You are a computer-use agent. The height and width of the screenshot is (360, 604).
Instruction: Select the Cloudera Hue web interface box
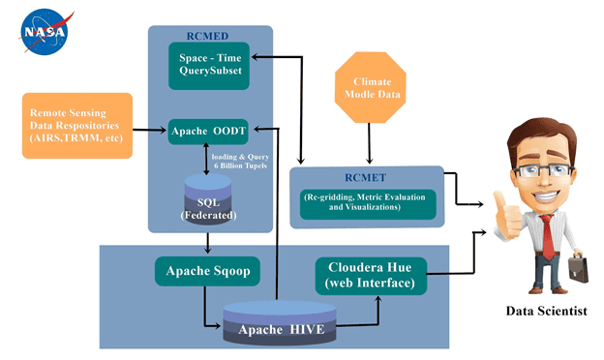(369, 275)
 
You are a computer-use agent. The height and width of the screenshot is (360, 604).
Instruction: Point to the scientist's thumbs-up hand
(503, 206)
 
